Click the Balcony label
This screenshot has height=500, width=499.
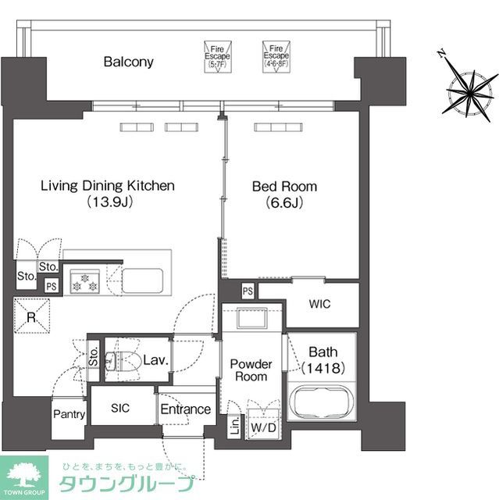pyautogui.click(x=129, y=62)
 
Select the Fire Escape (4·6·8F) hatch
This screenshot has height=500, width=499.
pyautogui.click(x=275, y=56)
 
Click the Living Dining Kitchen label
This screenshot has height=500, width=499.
pyautogui.click(x=108, y=186)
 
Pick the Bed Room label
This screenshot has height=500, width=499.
pyautogui.click(x=283, y=186)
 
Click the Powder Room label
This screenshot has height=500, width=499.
pyautogui.click(x=250, y=370)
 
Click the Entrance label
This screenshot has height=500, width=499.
pyautogui.click(x=185, y=409)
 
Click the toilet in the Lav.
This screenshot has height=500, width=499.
pyautogui.click(x=116, y=361)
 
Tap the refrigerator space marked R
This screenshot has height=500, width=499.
pyautogui.click(x=32, y=317)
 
